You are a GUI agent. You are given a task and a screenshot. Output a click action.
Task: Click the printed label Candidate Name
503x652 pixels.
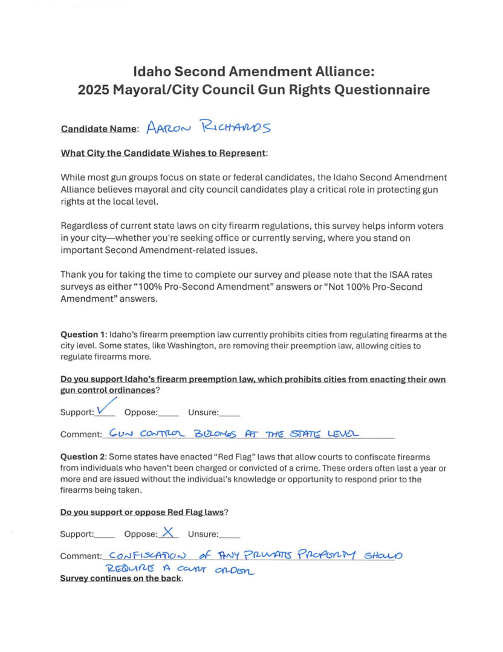coord(99,129)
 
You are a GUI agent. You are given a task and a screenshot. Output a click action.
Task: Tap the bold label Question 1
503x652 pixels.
coord(82,334)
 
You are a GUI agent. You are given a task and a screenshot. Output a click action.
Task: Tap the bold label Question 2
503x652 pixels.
coord(82,457)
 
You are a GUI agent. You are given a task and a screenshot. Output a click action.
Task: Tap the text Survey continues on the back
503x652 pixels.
coord(121,578)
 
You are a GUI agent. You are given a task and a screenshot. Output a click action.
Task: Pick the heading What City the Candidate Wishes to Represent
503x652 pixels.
coord(163,153)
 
